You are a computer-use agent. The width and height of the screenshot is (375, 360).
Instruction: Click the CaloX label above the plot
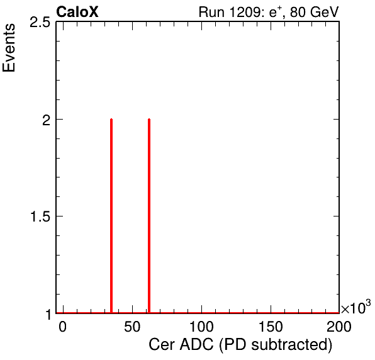pyautogui.click(x=77, y=12)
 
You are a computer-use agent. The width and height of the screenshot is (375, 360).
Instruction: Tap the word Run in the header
pyautogui.click(x=211, y=12)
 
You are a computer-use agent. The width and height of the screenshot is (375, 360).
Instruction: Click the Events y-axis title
pyautogui.click(x=9, y=48)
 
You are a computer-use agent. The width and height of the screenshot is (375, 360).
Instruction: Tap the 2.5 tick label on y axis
pyautogui.click(x=40, y=23)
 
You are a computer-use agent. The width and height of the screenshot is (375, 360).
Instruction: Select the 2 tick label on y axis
pyautogui.click(x=46, y=120)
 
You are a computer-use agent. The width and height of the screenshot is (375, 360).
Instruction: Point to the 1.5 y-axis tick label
pyautogui.click(x=40, y=217)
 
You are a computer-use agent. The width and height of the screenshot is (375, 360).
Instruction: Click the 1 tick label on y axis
pyautogui.click(x=48, y=314)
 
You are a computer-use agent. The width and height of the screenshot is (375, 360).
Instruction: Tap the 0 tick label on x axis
pyautogui.click(x=62, y=327)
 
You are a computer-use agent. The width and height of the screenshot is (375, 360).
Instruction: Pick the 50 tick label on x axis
pyautogui.click(x=132, y=327)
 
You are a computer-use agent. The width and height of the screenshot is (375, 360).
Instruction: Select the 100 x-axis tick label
pyautogui.click(x=201, y=327)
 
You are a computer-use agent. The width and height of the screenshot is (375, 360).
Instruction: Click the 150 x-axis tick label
pyautogui.click(x=271, y=327)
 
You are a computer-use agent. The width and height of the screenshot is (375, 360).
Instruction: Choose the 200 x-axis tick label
pyautogui.click(x=339, y=327)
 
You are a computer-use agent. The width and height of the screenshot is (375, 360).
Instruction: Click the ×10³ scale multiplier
pyautogui.click(x=356, y=307)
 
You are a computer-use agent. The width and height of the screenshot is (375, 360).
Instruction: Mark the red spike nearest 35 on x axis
pyautogui.click(x=111, y=216)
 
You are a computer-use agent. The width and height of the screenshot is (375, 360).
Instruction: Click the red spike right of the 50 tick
pyautogui.click(x=149, y=216)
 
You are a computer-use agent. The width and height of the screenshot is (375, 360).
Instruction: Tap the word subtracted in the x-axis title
pyautogui.click(x=289, y=344)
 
